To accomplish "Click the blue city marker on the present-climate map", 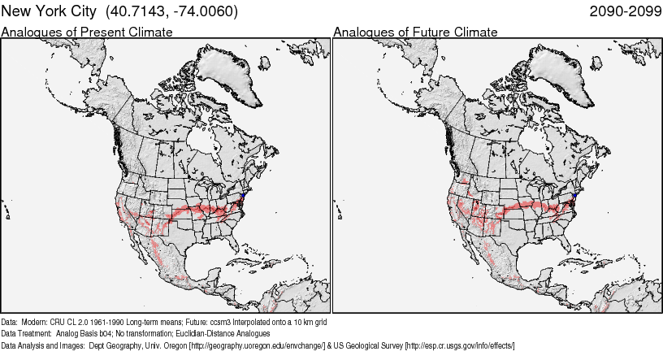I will click(243, 195).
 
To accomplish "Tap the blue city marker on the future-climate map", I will click(574, 195).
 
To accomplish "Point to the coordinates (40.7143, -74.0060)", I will click(171, 11).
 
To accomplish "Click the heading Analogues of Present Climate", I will click(87, 32).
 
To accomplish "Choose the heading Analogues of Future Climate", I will click(415, 32).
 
